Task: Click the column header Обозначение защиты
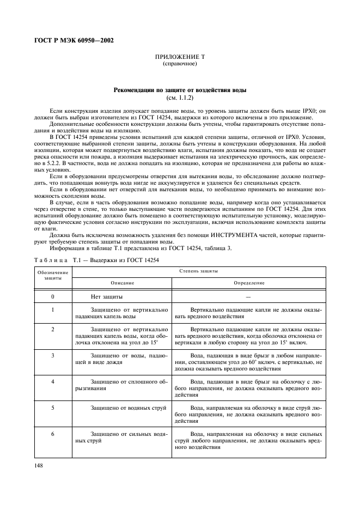53,275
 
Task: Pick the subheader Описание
122,283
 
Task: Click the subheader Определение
249,283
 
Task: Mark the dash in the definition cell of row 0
248,297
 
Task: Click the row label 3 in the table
53,355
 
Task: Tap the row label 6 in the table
53,434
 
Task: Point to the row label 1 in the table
53,309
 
